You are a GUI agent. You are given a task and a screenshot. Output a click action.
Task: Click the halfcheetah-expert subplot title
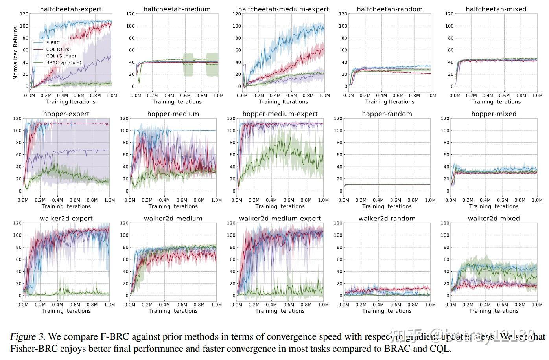click(71, 9)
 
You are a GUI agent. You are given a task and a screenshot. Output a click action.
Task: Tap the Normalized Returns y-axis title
click(15, 53)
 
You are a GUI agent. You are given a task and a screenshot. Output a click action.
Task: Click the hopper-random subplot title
click(387, 114)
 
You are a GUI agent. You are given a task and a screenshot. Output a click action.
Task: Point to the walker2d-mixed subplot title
click(494, 219)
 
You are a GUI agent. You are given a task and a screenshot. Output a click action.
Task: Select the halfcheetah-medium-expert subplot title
click(284, 9)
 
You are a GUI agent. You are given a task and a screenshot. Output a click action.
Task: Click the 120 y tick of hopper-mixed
click(445, 118)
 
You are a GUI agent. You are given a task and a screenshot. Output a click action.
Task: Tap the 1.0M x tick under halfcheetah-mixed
click(537, 96)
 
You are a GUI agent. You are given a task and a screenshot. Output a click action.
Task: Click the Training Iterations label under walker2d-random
click(387, 311)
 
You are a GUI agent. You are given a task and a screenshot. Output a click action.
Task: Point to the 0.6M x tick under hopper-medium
click(182, 200)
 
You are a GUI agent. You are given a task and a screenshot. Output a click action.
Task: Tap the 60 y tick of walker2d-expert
click(17, 259)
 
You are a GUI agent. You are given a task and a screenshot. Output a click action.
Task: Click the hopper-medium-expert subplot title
click(280, 114)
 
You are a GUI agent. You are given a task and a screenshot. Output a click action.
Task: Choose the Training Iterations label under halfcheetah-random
click(390, 102)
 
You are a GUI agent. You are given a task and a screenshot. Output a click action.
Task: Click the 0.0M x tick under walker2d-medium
click(130, 305)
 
